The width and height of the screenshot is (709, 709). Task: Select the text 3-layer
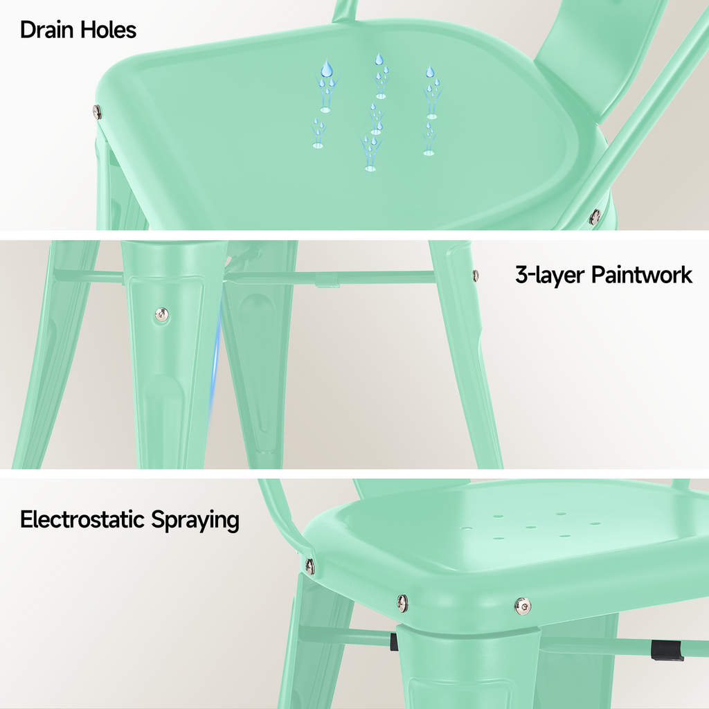(550, 275)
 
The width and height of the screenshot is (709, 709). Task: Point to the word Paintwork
(642, 275)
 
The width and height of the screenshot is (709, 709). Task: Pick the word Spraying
(195, 520)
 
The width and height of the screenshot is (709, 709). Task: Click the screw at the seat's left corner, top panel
(97, 111)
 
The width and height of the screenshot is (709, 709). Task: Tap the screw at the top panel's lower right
(594, 217)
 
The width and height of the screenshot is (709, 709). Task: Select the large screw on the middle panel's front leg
(161, 314)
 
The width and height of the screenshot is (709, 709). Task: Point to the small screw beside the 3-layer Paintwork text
(476, 275)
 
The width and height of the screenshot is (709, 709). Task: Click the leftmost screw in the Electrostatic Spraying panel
(309, 566)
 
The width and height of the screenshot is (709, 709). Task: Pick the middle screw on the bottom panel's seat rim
(402, 602)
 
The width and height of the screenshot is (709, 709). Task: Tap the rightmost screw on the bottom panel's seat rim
(523, 607)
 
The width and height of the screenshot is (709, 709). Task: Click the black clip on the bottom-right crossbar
(667, 650)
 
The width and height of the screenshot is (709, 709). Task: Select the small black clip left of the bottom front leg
(394, 643)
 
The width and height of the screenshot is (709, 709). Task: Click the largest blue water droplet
(327, 68)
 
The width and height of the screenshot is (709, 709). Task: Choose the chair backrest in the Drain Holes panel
(595, 55)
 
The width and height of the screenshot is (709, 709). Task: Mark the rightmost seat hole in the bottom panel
(595, 523)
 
